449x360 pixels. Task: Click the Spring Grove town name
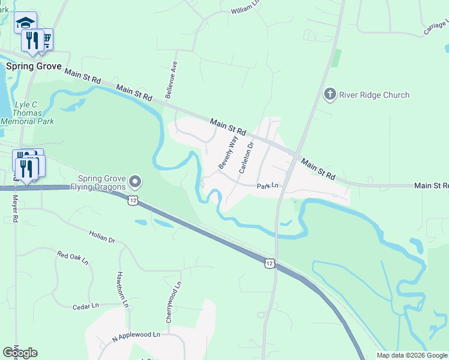tap(34, 66)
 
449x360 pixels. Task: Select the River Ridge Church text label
tap(374, 95)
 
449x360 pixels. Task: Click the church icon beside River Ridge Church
tap(329, 94)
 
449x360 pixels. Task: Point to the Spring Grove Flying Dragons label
tap(101, 182)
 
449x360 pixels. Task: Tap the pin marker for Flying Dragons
tap(136, 181)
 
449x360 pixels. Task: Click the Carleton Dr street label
tap(247, 157)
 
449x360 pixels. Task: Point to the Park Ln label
tap(268, 187)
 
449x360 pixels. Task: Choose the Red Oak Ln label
tap(73, 258)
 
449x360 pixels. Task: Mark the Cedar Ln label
tap(85, 306)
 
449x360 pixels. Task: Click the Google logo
tap(20, 353)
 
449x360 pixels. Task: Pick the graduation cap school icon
tap(25, 23)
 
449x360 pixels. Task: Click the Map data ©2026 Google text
tap(412, 355)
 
